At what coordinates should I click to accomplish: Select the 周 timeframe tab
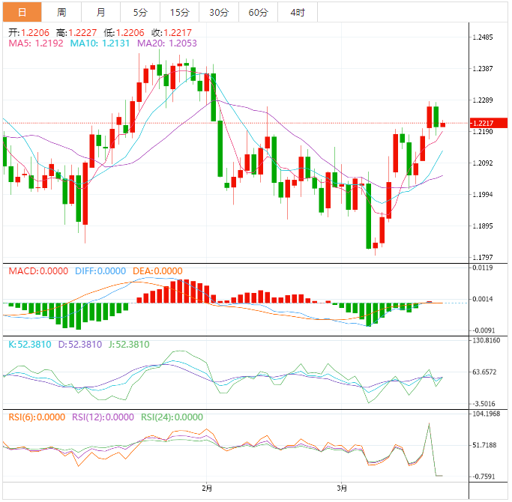pyautogui.click(x=61, y=12)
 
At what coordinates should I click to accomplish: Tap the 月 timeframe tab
pyautogui.click(x=100, y=12)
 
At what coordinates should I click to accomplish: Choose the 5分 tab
pyautogui.click(x=140, y=12)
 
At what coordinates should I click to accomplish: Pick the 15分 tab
pyautogui.click(x=179, y=12)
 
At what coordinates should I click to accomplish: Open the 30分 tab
pyautogui.click(x=219, y=12)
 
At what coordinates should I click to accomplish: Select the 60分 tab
pyautogui.click(x=258, y=12)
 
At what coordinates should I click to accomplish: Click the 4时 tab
pyautogui.click(x=297, y=12)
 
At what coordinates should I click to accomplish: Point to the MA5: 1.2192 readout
pyautogui.click(x=36, y=43)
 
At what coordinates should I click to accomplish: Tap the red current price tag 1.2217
pyautogui.click(x=487, y=123)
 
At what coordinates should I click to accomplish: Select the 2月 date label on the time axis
pyautogui.click(x=208, y=489)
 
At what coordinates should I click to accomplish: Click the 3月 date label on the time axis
pyautogui.click(x=342, y=489)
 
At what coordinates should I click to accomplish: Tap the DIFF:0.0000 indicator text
pyautogui.click(x=100, y=270)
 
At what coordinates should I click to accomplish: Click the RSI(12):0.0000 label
pyautogui.click(x=103, y=417)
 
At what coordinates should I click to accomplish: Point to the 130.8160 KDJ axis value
pyautogui.click(x=486, y=340)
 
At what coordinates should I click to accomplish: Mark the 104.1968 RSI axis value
pyautogui.click(x=486, y=414)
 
